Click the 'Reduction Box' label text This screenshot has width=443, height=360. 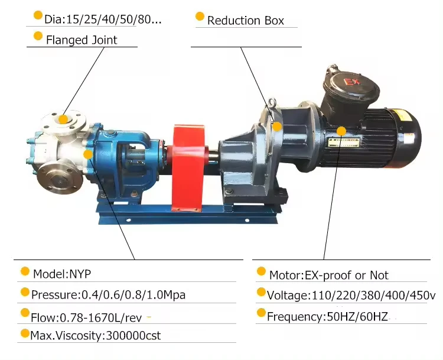245,21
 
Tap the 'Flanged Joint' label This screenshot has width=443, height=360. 82,40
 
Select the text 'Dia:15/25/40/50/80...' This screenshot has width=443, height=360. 103,20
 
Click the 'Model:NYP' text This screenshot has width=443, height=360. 62,274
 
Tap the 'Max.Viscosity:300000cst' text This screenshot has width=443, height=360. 96,336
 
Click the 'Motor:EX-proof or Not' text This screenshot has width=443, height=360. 329,275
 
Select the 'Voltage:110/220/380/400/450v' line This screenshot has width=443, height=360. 351,295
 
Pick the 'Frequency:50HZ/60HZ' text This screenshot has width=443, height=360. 327,316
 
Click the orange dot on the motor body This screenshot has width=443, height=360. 341,131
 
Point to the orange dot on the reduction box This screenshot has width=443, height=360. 276,125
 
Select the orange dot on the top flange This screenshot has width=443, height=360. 63,118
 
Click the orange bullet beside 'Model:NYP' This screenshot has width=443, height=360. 25,272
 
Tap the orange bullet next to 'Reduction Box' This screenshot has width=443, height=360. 200,17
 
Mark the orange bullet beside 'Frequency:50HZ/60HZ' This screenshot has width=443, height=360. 260,314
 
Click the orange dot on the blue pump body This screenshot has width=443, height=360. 88,154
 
